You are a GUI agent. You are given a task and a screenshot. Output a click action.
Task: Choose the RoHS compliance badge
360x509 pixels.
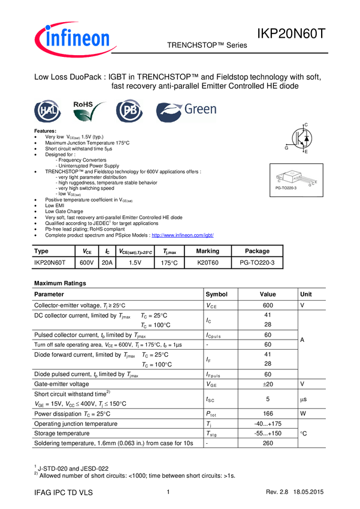coord(90,111)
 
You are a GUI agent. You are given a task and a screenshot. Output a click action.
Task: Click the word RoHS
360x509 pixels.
coord(83,104)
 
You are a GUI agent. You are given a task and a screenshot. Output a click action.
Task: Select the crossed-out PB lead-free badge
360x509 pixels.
coord(129,111)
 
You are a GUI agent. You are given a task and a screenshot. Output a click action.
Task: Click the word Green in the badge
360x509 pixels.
coord(200,110)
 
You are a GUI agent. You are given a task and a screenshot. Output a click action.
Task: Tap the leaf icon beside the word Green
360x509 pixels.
coord(168,112)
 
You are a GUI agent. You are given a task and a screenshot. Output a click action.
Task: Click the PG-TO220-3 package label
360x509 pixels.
coord(286,189)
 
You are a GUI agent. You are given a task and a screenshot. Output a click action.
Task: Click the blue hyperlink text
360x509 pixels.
coord(183,235)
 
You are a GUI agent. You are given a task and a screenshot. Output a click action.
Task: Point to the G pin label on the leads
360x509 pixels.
coord(309,186)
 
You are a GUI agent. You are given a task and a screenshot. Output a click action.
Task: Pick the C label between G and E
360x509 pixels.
coord(313,184)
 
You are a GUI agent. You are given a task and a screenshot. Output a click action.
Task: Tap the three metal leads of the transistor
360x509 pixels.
coord(306,180)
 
